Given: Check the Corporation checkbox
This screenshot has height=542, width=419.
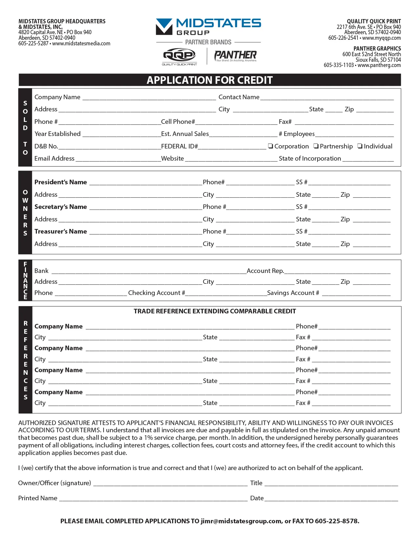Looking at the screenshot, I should [x=270, y=146].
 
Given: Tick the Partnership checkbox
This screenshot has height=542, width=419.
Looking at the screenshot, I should [x=316, y=146].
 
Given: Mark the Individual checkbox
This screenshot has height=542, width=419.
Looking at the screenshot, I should [x=360, y=146].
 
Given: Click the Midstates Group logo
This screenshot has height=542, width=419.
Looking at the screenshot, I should [x=208, y=27].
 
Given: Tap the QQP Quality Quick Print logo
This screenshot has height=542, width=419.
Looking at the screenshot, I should [x=179, y=56].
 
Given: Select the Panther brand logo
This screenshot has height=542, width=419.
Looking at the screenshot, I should [x=235, y=56].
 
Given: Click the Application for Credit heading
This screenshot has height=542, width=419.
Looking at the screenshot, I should [x=210, y=80].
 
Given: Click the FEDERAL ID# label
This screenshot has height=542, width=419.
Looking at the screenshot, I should [x=179, y=147].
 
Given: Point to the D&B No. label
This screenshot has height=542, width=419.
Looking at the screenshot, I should [x=46, y=147].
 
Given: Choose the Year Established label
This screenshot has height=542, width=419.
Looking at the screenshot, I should [x=58, y=134].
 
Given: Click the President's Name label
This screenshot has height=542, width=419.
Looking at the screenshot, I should [x=61, y=182].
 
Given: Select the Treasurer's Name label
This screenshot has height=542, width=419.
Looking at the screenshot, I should [x=61, y=232].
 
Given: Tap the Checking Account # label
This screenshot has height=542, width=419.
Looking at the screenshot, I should [x=156, y=293].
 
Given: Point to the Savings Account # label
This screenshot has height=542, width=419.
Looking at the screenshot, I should [x=293, y=293].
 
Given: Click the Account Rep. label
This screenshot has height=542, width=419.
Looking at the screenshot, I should [x=265, y=271].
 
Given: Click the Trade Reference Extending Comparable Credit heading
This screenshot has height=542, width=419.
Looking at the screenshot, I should [x=215, y=311].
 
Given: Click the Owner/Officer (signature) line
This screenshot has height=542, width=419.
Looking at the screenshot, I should [x=171, y=484].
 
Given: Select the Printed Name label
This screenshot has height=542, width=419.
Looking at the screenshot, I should [x=38, y=498].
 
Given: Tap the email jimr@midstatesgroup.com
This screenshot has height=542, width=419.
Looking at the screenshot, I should [x=241, y=521].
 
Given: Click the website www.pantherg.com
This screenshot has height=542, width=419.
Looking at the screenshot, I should [x=379, y=65].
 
